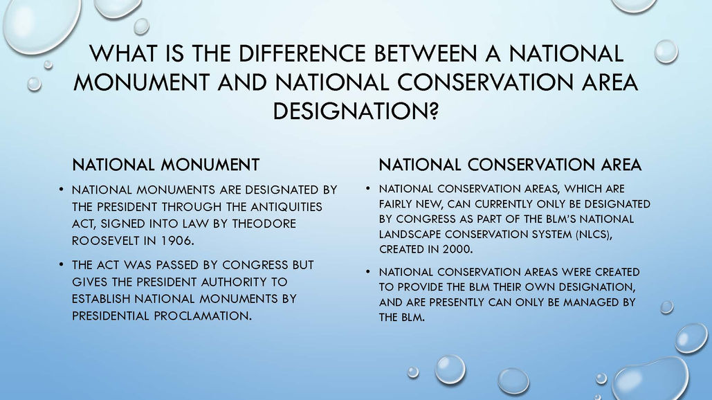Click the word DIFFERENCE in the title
click(302, 53)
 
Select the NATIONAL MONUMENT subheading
click(166, 164)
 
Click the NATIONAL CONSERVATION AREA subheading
click(511, 164)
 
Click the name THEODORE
click(264, 224)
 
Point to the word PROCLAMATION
click(203, 316)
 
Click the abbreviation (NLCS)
click(594, 235)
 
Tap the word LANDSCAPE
click(410, 235)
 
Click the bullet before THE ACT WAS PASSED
click(62, 264)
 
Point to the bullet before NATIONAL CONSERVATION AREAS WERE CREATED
click(368, 272)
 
